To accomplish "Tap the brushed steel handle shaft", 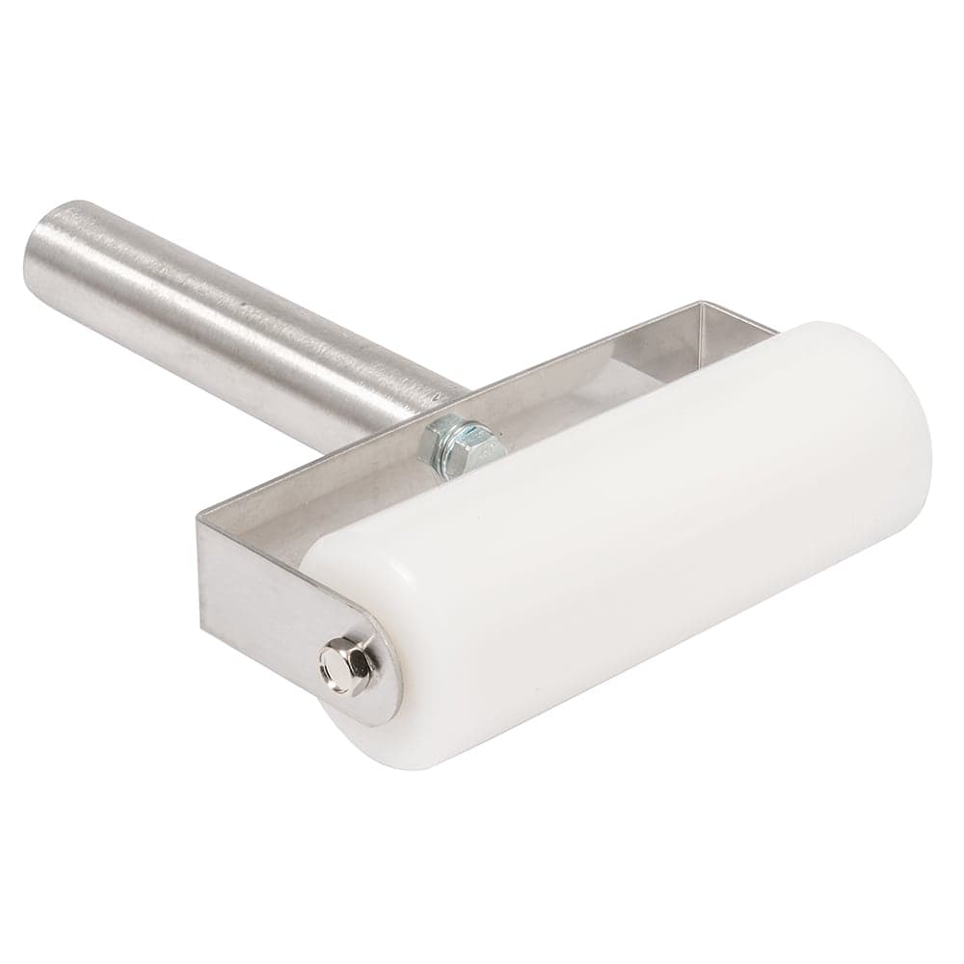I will click(241, 308).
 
